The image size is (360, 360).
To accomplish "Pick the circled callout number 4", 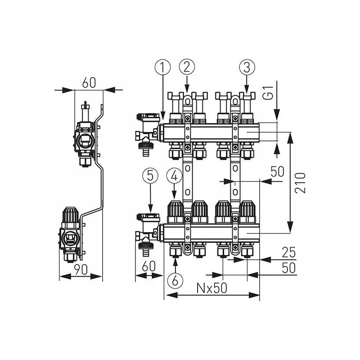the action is pyautogui.click(x=174, y=176).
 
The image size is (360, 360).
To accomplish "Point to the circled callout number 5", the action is pyautogui.click(x=150, y=176).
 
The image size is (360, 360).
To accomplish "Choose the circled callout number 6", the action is pyautogui.click(x=175, y=280).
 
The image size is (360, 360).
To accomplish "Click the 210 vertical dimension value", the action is pyautogui.click(x=300, y=183).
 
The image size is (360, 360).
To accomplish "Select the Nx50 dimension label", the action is pyautogui.click(x=211, y=288).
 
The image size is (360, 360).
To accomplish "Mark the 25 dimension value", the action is pyautogui.click(x=288, y=252).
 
